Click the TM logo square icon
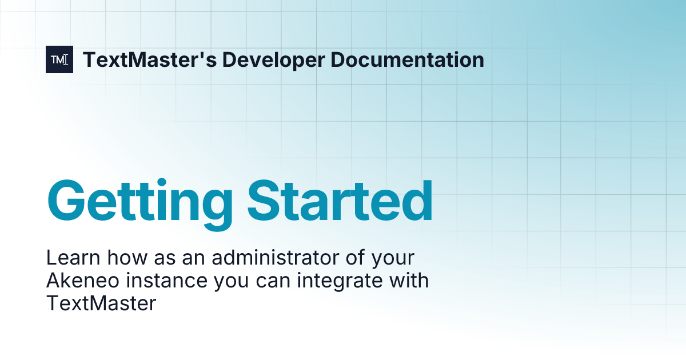[59, 59]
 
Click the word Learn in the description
[67, 258]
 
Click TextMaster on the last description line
[101, 303]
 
